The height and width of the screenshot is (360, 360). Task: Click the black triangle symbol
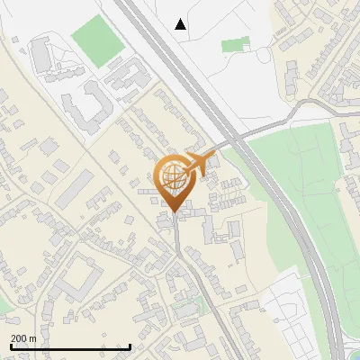click(x=181, y=24)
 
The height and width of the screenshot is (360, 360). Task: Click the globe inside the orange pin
click(x=175, y=175)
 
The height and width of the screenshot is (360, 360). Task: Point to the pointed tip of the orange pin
click(x=175, y=212)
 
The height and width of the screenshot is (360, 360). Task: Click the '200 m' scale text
click(x=23, y=338)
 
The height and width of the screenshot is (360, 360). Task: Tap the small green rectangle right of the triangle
click(x=235, y=44)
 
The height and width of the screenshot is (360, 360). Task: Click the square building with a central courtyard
click(x=76, y=274)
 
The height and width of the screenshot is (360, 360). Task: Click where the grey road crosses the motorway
click(x=236, y=139)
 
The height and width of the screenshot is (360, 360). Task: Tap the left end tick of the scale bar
click(x=11, y=346)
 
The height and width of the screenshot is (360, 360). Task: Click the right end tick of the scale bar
click(x=130, y=346)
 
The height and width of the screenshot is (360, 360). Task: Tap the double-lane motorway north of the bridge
click(x=171, y=54)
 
